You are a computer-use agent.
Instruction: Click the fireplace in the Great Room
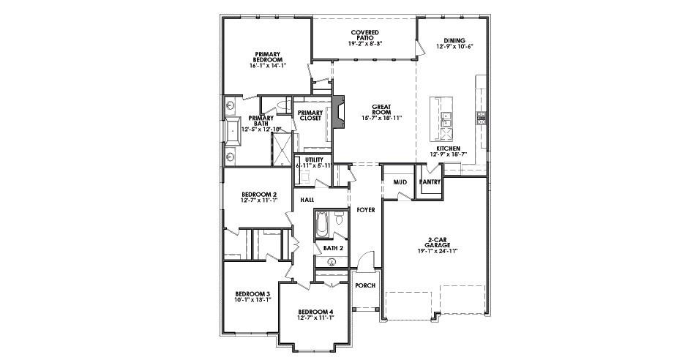click(339, 113)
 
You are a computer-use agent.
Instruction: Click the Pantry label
click(430, 181)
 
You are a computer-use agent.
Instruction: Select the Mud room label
click(400, 181)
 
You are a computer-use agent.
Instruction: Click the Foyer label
click(365, 210)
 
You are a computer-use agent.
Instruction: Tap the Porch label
click(364, 285)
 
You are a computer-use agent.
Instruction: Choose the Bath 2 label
click(333, 248)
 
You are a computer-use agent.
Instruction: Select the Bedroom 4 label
click(316, 313)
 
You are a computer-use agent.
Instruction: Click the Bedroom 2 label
click(259, 195)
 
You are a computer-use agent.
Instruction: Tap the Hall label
click(307, 198)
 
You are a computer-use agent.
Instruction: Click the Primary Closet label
click(311, 115)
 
